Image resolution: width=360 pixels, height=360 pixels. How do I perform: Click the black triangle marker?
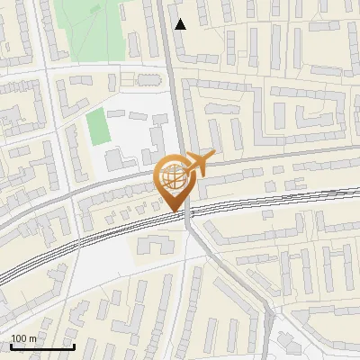180,24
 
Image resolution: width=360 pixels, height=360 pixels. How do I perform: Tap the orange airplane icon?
200,164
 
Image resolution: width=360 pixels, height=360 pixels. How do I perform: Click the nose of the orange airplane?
214,155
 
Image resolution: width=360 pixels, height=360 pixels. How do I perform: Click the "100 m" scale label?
23,339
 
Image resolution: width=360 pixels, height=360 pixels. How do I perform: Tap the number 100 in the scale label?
19,339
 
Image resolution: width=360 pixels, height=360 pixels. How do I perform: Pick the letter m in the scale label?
32,339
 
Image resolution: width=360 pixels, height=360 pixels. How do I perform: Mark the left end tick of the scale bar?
12,346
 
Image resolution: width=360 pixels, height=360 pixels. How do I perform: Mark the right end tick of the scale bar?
73,346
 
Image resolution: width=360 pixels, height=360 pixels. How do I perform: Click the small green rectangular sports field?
97,128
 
